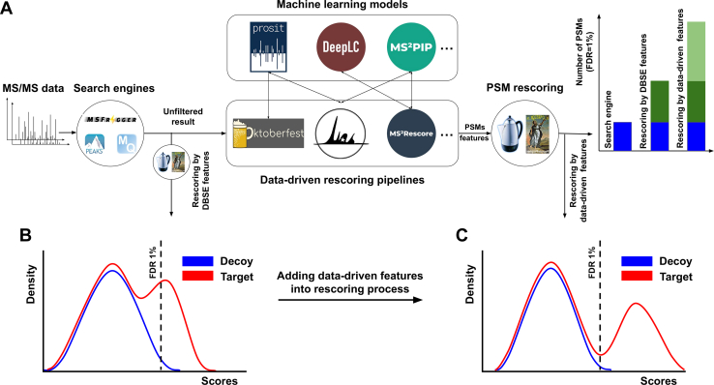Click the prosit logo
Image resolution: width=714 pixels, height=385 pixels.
(x=268, y=46)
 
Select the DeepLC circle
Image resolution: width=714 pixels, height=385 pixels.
(x=342, y=47)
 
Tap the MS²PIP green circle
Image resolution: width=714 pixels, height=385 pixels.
(x=411, y=47)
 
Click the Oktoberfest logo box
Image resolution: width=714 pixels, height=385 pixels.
(x=268, y=133)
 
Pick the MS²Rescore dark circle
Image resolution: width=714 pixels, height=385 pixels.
(x=411, y=133)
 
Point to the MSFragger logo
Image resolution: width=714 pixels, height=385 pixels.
(x=111, y=120)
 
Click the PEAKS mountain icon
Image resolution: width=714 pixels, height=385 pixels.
(x=95, y=144)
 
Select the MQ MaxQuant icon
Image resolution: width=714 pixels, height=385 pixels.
(x=127, y=143)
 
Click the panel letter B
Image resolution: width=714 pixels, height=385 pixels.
(x=26, y=235)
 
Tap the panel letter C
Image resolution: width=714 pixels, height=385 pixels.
(x=462, y=235)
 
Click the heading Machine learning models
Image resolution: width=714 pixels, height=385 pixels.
(x=342, y=5)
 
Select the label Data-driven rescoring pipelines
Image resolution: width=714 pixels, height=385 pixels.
(x=342, y=180)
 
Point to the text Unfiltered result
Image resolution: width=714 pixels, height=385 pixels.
(x=183, y=116)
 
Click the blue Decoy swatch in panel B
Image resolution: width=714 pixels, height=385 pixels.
(x=197, y=261)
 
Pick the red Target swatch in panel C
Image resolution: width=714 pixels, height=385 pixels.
(x=637, y=277)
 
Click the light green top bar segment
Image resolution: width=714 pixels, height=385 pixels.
(x=697, y=51)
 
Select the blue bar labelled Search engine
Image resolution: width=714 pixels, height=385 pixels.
(x=622, y=136)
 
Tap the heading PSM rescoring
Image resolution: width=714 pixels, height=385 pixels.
(x=524, y=87)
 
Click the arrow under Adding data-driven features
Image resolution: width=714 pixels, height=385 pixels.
(x=350, y=300)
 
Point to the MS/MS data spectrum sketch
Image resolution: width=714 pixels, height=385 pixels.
(x=37, y=122)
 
